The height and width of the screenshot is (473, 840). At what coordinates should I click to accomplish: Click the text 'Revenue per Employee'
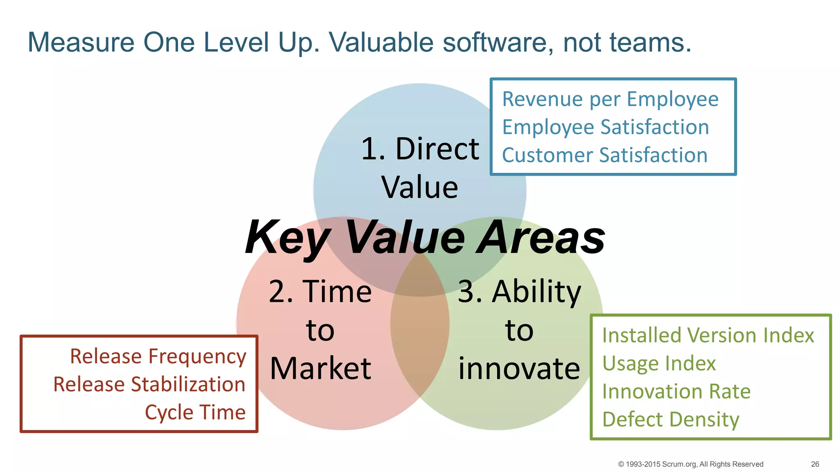610,99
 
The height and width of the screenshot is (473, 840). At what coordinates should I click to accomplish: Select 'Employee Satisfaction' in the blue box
605,127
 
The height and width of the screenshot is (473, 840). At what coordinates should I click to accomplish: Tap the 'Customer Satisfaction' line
605,155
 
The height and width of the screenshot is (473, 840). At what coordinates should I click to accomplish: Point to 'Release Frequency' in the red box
158,356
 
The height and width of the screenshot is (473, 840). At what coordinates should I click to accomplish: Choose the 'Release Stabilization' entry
149,384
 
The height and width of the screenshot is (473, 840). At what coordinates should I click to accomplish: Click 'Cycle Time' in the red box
195,412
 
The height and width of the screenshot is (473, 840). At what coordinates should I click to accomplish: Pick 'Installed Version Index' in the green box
708,335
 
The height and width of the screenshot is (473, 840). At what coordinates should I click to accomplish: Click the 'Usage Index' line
659,364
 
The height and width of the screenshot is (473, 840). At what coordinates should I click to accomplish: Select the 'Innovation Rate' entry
676,392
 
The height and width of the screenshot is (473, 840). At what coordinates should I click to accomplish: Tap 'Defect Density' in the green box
671,420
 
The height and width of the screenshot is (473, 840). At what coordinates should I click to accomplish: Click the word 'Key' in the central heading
287,238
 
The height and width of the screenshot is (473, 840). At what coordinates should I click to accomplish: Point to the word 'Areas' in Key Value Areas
541,238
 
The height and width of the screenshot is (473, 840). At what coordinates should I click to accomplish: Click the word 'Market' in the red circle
320,368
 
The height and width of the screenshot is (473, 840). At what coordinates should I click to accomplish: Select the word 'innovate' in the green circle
519,368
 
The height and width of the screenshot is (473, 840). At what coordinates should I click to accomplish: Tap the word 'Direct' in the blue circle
437,149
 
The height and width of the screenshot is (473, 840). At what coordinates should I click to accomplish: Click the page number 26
815,464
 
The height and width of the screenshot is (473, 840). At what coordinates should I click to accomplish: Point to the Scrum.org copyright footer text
690,464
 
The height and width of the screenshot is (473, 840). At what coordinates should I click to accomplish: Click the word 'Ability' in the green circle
536,292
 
